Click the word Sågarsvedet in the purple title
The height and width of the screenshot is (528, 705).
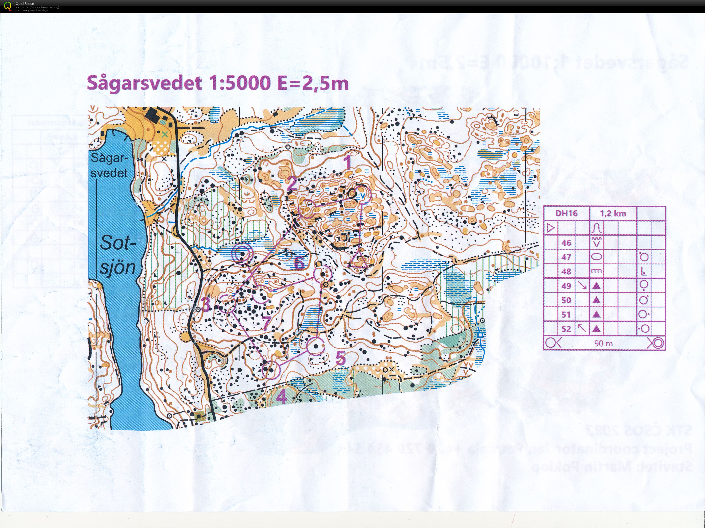click(x=144, y=83)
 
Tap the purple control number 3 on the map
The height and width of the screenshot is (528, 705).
click(x=206, y=304)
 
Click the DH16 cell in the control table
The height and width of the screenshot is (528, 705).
click(x=566, y=213)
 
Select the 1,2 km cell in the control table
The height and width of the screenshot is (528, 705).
click(x=613, y=213)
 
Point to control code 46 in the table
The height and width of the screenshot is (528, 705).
click(x=566, y=243)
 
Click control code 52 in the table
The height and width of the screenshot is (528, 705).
click(x=566, y=329)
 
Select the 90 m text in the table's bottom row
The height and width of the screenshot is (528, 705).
click(x=603, y=343)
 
